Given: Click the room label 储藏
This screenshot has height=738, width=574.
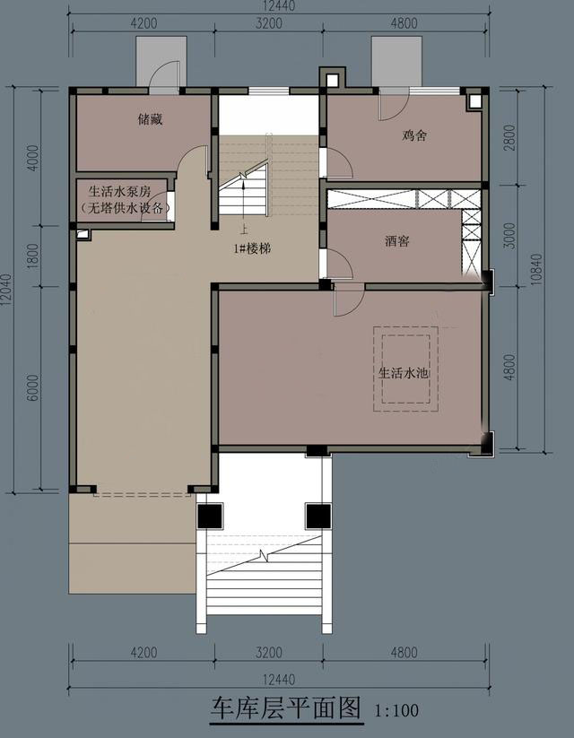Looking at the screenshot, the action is [x=150, y=119].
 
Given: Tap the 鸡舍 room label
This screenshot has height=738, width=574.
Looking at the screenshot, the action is [x=415, y=135].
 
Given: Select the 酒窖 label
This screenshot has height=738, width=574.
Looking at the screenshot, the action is [x=397, y=241].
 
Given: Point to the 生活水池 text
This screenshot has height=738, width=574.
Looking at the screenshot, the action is [x=404, y=373].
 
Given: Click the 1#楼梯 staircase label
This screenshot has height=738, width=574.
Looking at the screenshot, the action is [x=253, y=249].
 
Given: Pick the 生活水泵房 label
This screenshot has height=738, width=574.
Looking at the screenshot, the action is [x=119, y=192].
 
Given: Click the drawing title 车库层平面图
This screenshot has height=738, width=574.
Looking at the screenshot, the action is [x=285, y=708].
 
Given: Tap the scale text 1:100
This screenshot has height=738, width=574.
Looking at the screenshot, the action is [x=397, y=710].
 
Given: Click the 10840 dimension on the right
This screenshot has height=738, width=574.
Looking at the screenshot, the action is [x=536, y=270].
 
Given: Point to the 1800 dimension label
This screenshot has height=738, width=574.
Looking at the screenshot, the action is [x=33, y=256].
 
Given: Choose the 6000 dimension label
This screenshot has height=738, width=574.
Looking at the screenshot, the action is [x=33, y=387].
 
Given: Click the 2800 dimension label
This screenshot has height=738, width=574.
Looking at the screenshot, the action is [x=509, y=137].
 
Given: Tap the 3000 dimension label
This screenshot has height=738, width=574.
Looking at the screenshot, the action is [x=509, y=236].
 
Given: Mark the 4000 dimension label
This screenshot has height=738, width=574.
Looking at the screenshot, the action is [x=33, y=158].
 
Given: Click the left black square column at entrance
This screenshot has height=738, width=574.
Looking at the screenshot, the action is [x=210, y=516].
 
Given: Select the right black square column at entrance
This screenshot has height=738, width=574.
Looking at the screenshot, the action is [x=318, y=516].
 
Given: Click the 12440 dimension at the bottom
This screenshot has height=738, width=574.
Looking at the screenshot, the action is [x=279, y=680].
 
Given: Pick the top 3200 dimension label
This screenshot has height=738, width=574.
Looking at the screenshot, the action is [x=269, y=23].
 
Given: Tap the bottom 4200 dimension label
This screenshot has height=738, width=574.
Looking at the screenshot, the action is [x=143, y=652].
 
